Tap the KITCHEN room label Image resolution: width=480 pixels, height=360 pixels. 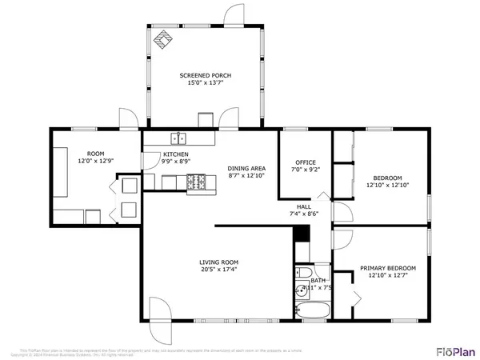click(176, 154)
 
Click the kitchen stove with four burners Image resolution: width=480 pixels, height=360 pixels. click(196, 183)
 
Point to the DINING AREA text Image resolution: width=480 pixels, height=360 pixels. click(247, 168)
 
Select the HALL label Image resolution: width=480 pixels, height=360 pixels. click(304, 206)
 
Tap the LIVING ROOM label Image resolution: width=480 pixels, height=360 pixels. click(219, 262)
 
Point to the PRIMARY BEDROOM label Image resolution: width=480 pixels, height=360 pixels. click(387, 268)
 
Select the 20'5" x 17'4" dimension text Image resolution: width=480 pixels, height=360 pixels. click(219, 270)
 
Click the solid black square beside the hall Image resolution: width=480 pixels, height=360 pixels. click(301, 234)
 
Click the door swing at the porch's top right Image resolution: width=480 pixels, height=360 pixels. click(233, 14)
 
